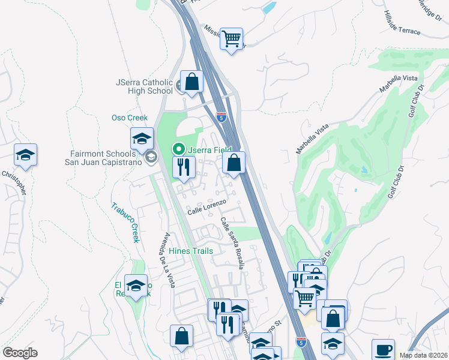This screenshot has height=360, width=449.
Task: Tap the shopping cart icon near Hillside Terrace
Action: pyautogui.click(x=231, y=39)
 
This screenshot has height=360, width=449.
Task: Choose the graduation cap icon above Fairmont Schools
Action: pyautogui.click(x=142, y=139)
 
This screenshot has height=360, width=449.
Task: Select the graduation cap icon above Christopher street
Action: pyautogui.click(x=26, y=155)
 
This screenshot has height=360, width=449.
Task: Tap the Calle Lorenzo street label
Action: pyautogui.click(x=206, y=208)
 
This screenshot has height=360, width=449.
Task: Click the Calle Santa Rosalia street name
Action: pyautogui.click(x=232, y=242)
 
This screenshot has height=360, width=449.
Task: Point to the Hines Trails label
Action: pyautogui.click(x=191, y=251)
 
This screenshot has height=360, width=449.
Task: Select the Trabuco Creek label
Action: pyautogui.click(x=125, y=222)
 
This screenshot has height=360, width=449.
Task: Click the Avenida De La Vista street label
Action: pyautogui.click(x=166, y=259)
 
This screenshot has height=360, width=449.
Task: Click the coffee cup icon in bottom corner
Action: pyautogui.click(x=384, y=350)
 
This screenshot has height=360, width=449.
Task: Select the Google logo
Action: pyautogui.click(x=20, y=353)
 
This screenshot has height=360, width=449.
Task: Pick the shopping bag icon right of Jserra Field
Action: pyautogui.click(x=234, y=162)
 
